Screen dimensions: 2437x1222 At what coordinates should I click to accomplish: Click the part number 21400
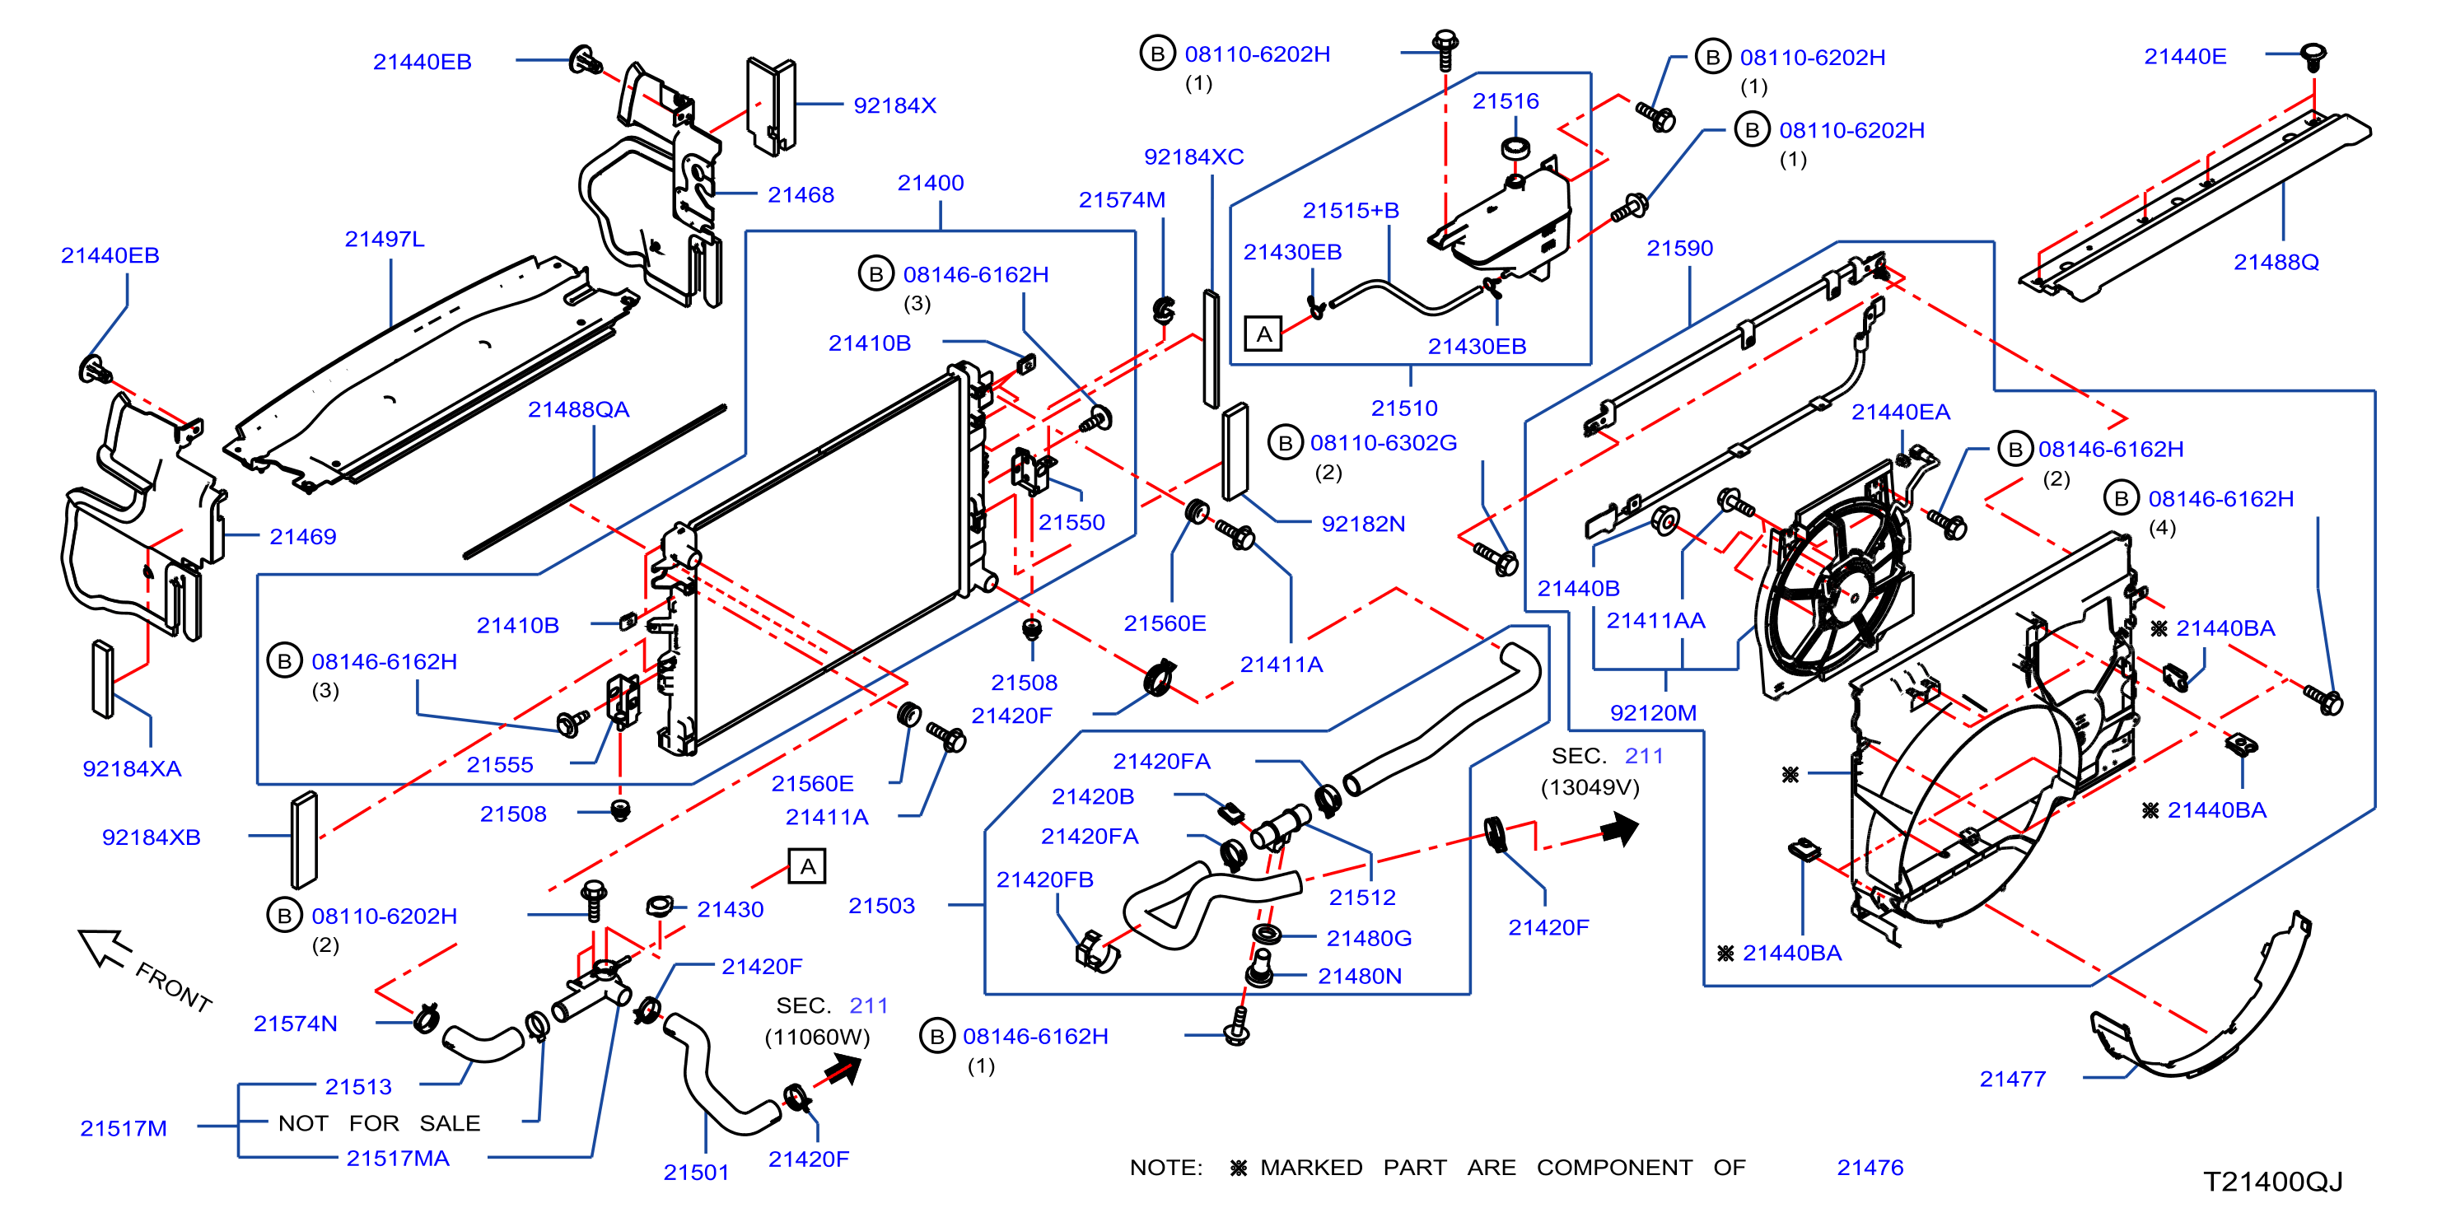pos(930,183)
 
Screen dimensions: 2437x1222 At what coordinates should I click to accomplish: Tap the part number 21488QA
pos(578,408)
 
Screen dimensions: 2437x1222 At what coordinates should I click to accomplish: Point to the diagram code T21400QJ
pos(2272,1182)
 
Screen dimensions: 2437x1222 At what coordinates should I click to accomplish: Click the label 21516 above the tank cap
pos(1506,100)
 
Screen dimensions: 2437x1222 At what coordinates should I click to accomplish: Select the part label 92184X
pos(894,105)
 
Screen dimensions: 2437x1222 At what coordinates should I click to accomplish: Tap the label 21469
pos(303,536)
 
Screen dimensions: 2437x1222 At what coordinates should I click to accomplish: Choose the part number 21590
pos(1679,248)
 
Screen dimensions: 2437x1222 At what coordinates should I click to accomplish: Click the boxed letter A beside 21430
pos(807,865)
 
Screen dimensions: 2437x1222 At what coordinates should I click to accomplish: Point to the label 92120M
pos(1653,712)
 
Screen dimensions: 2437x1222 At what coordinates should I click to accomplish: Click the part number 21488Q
pos(2276,262)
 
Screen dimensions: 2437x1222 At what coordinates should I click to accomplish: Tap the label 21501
pos(696,1172)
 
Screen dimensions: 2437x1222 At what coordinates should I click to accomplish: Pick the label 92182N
pos(1363,523)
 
